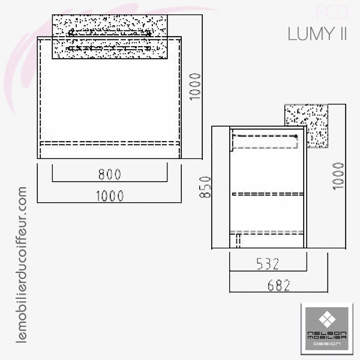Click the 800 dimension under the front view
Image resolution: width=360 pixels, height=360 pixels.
110,174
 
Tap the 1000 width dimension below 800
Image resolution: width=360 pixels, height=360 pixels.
110,196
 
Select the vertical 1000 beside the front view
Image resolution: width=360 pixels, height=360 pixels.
195,86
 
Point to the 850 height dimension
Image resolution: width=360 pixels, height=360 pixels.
205,187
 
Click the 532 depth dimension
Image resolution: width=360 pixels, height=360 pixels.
268,264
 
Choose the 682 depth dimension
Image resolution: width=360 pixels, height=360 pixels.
279,285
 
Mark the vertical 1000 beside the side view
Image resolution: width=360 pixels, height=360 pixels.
338,176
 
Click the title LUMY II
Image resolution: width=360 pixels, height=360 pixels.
317,34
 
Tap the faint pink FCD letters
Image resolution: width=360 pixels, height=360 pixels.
332,12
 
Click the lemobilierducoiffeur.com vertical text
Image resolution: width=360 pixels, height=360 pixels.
22,265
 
